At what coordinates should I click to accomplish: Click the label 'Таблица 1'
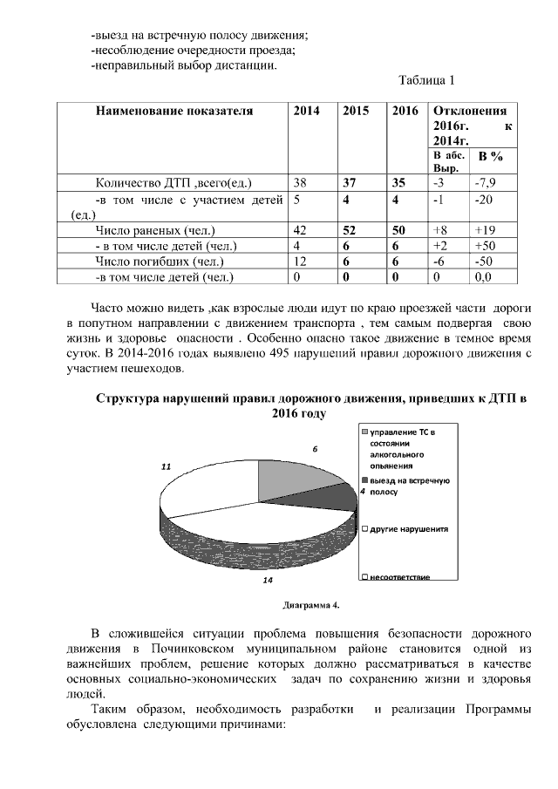[x=426, y=82]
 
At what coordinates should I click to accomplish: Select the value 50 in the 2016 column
[x=400, y=230]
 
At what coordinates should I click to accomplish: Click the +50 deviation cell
[x=484, y=246]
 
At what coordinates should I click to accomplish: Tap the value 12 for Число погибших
[x=301, y=262]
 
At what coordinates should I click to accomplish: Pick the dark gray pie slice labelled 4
[x=336, y=497]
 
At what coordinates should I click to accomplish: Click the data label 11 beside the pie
[x=166, y=467]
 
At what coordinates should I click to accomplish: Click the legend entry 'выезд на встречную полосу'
[x=406, y=486]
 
